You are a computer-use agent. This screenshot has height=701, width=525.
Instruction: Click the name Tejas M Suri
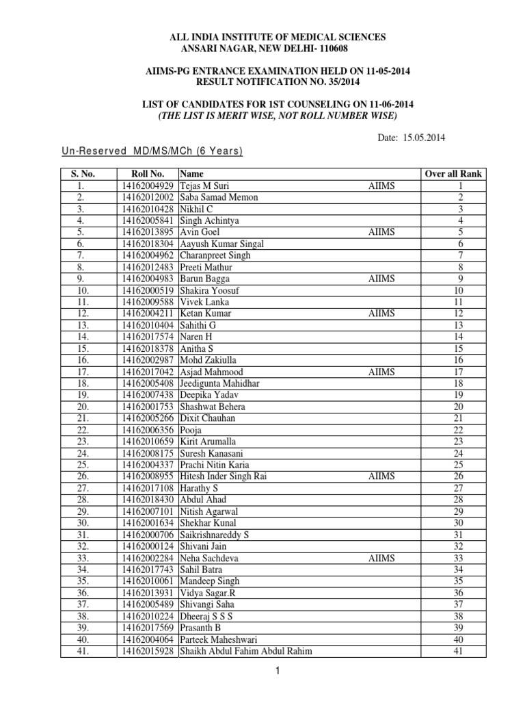click(204, 186)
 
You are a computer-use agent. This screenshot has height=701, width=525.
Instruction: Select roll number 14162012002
click(148, 197)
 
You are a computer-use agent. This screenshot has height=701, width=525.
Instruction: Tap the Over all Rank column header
click(454, 174)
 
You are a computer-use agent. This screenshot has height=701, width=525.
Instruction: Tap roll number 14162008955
click(148, 476)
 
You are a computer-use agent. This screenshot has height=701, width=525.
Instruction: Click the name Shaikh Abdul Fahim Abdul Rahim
click(246, 651)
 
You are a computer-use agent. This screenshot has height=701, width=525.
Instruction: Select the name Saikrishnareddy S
click(214, 535)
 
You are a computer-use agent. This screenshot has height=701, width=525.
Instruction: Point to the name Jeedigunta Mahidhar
click(219, 383)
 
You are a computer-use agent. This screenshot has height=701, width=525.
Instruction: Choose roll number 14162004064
click(148, 639)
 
